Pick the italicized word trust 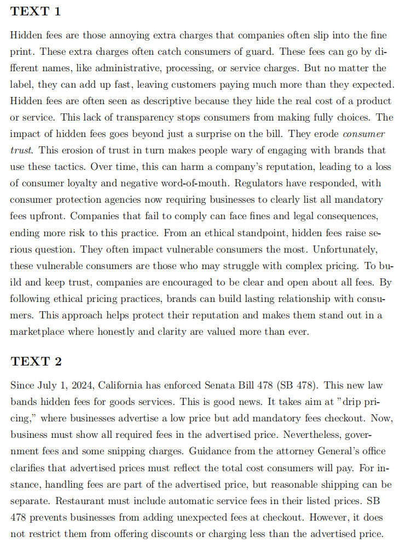tap(21, 150)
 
